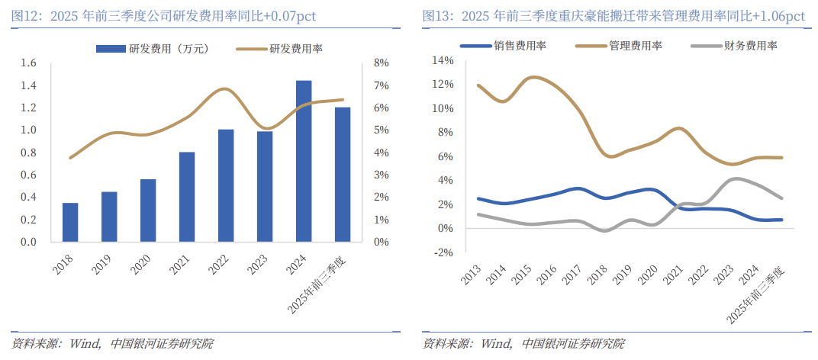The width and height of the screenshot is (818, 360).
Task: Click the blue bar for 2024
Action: tap(304, 161)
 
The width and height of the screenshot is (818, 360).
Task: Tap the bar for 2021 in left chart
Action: tap(187, 197)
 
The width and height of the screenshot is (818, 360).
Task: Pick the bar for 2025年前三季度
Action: tap(343, 175)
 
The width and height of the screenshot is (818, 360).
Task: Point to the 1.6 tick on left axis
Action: tap(28, 63)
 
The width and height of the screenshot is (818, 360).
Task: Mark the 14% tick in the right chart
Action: tap(443, 60)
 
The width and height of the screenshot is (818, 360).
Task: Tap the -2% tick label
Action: tap(443, 252)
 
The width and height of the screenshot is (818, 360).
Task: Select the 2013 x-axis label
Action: tap(470, 277)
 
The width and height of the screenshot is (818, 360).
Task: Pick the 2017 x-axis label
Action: tap(574, 277)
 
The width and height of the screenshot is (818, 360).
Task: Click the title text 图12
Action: tap(27, 15)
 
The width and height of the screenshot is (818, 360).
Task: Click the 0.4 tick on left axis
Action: tap(28, 198)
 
